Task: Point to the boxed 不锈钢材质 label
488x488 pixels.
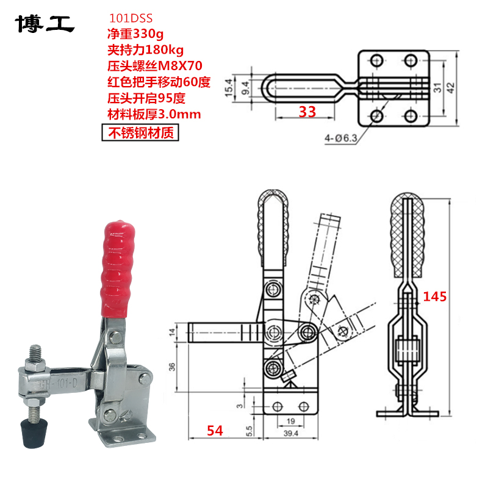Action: tap(140, 131)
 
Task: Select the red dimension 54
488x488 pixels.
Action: tap(213, 431)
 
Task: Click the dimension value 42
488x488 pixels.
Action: tap(451, 87)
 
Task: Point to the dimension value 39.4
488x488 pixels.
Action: tap(290, 433)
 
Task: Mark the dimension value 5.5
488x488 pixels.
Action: tap(249, 430)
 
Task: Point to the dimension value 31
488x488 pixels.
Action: tap(437, 88)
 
